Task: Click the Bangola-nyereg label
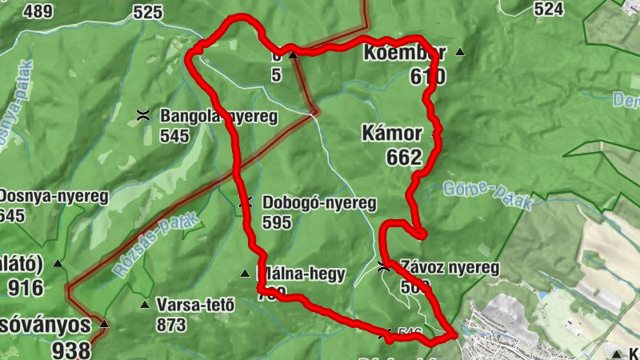coord(218,117)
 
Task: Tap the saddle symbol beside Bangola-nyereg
coord(144,116)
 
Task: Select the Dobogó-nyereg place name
coord(318,203)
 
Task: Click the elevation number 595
coord(276,222)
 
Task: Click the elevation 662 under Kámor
coord(403,157)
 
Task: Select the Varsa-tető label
coord(195,305)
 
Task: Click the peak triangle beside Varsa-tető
coord(145,305)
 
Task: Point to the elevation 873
coord(172,325)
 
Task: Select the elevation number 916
coord(26,286)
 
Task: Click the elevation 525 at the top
coord(148,12)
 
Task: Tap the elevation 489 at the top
coord(38,11)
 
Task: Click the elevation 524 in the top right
coord(548,9)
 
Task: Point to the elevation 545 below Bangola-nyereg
coord(174,135)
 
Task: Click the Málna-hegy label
coord(301,274)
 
